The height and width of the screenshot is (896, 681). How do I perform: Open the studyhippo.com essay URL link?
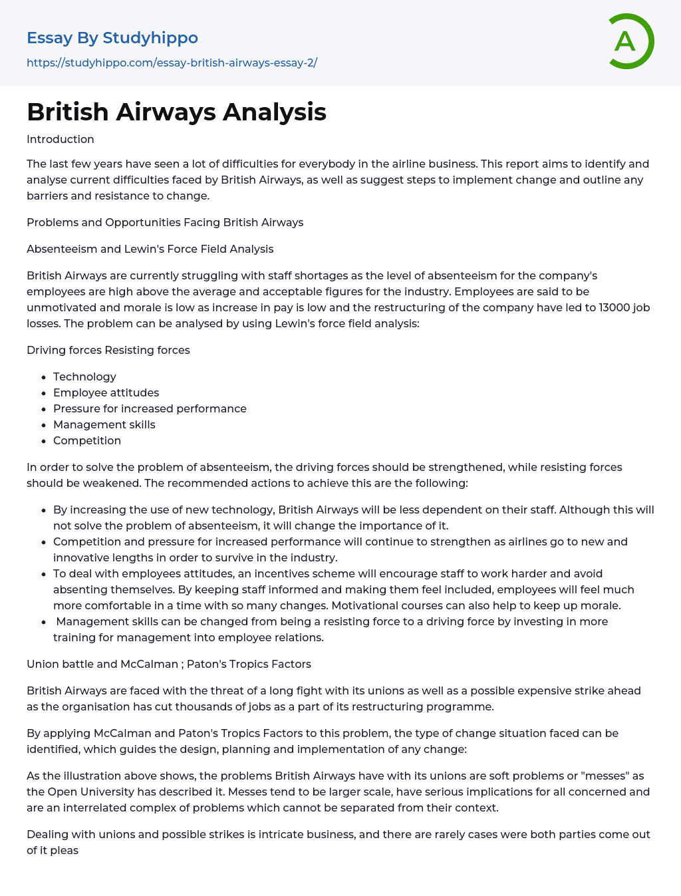(x=172, y=63)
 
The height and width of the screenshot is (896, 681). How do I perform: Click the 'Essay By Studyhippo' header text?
(x=112, y=38)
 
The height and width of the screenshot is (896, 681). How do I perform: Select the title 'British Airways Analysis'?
(x=176, y=112)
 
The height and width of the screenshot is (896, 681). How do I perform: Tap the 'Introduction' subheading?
(x=61, y=139)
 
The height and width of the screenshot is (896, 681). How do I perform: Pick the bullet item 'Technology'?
(x=84, y=376)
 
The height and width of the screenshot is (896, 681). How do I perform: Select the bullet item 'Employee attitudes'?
(x=106, y=392)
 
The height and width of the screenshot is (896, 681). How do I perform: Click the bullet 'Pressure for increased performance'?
(x=150, y=408)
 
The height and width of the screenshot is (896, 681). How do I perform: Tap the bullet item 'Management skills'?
(x=104, y=424)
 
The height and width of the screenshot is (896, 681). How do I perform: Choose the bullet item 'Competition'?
(x=87, y=440)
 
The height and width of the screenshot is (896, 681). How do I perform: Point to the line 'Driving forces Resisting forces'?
(x=108, y=350)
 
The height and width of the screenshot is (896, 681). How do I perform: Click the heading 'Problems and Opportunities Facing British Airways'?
(x=165, y=222)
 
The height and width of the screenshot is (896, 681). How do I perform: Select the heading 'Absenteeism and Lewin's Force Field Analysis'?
(x=150, y=249)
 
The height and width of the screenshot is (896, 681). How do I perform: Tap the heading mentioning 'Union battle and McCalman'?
(x=169, y=664)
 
